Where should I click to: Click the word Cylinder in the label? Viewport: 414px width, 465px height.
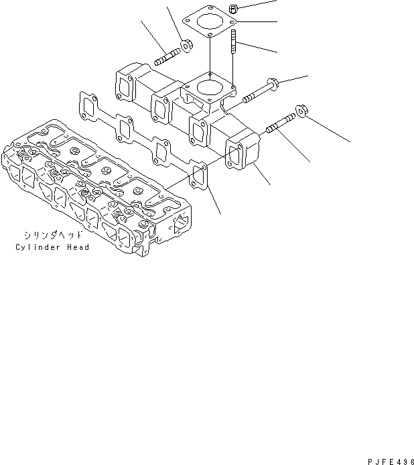(x=37, y=247)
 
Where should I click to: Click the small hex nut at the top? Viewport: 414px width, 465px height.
(x=234, y=9)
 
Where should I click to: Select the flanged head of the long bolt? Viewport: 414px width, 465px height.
(x=273, y=85)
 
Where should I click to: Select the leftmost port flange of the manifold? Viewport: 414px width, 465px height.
(x=125, y=85)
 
